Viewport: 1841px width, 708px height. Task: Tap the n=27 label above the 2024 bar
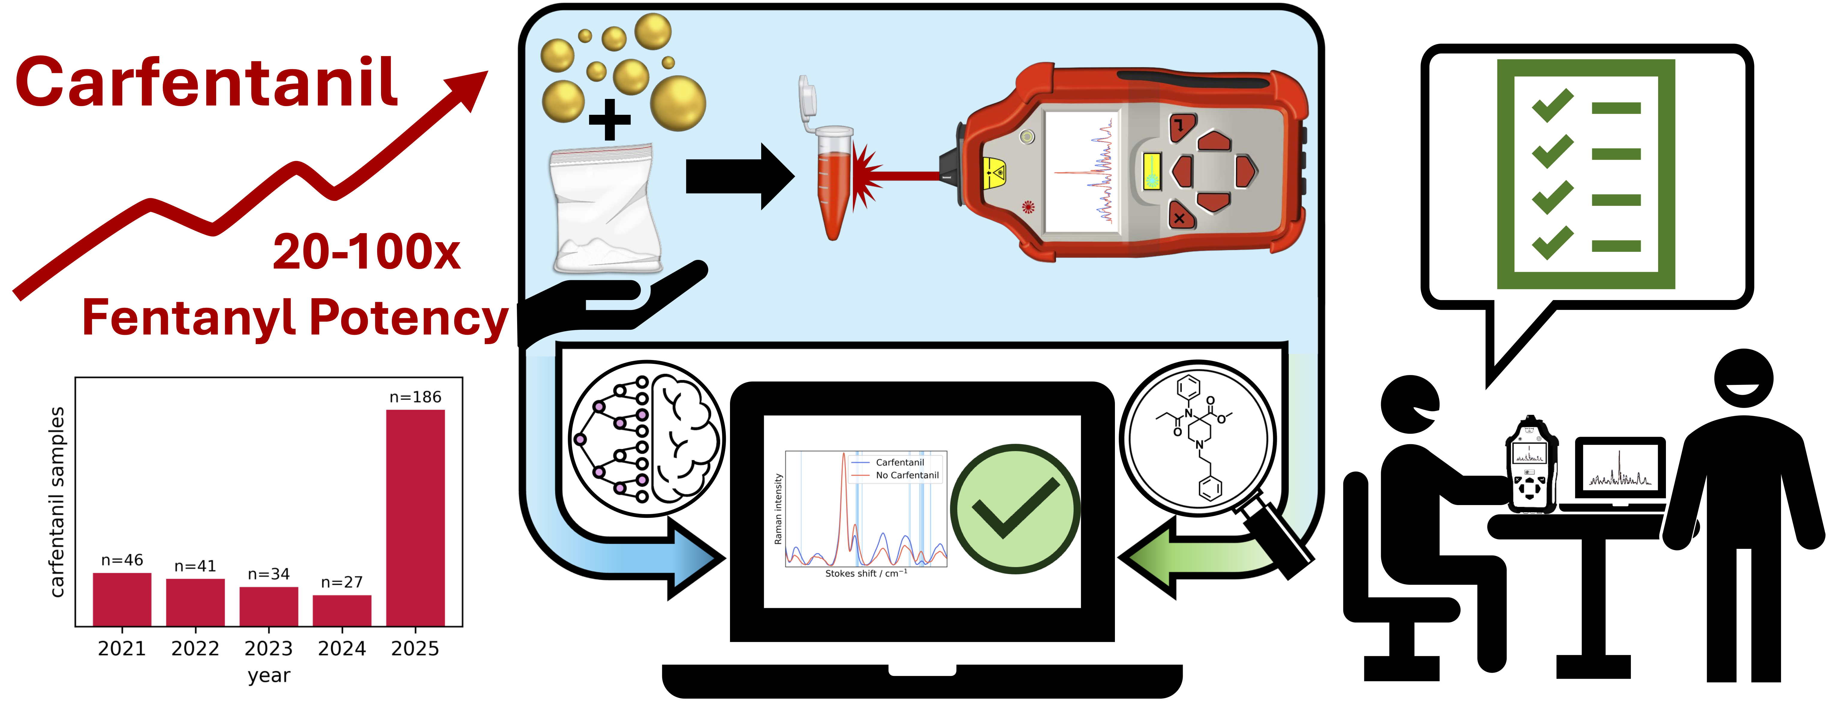click(342, 582)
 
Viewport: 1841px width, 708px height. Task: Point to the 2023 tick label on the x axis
click(269, 649)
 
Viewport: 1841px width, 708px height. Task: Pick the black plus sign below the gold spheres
click(609, 119)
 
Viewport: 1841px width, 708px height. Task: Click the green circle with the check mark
click(1015, 509)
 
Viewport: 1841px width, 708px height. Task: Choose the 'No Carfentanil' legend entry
click(906, 475)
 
